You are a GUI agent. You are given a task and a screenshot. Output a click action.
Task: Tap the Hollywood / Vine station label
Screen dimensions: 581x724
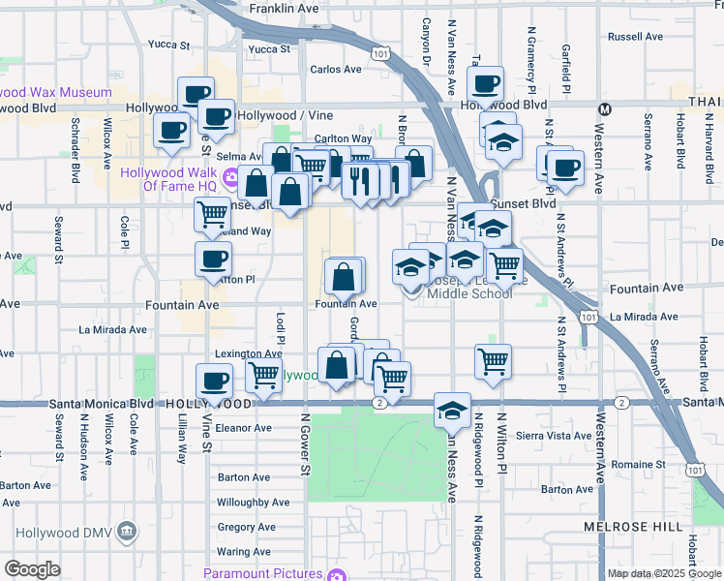tap(279, 115)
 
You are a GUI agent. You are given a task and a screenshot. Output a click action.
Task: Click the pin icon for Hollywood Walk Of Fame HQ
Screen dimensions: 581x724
tap(231, 177)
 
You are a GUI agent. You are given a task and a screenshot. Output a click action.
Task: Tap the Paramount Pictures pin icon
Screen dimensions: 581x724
tap(336, 574)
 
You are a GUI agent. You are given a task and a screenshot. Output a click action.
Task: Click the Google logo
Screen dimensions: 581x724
tap(32, 569)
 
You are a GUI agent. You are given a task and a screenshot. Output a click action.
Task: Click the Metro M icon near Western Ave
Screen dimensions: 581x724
tap(605, 108)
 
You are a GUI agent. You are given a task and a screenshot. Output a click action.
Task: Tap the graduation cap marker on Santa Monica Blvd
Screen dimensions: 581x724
tap(452, 411)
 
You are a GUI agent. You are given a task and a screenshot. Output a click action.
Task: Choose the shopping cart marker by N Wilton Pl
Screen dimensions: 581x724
tap(494, 362)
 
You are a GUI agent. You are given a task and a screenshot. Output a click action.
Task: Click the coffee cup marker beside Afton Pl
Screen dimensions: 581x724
tap(213, 260)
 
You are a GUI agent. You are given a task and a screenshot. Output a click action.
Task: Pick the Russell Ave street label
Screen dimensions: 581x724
tap(636, 37)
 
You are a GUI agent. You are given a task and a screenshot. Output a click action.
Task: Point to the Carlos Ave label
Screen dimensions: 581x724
tap(335, 70)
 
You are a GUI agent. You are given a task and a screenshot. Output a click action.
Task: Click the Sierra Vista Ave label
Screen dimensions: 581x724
tap(556, 436)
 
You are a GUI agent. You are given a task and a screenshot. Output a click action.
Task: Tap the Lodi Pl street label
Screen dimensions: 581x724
tap(280, 326)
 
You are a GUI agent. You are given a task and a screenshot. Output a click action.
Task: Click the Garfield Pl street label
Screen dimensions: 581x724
tap(567, 62)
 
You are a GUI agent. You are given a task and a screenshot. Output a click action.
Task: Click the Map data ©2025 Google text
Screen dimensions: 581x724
tap(663, 573)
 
